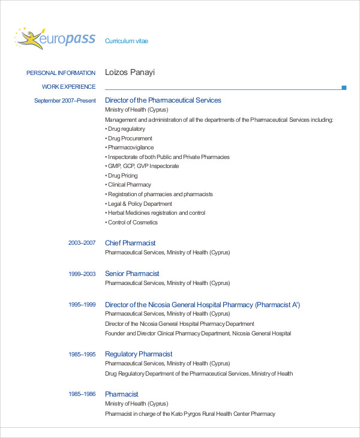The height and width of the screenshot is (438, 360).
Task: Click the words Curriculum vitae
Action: [x=127, y=41]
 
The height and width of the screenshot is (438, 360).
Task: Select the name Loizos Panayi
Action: [x=130, y=73]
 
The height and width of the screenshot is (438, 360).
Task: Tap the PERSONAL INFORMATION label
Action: [x=61, y=73]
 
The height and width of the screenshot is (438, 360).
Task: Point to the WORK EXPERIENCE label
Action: [x=69, y=87]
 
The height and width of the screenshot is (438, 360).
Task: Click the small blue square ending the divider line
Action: [x=344, y=88]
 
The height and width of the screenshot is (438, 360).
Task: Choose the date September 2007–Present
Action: [x=65, y=101]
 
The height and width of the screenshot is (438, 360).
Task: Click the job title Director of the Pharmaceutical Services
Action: [x=163, y=100]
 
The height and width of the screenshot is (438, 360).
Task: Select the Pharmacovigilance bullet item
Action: [x=130, y=148]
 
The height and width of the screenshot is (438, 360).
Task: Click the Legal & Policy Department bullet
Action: [x=140, y=203]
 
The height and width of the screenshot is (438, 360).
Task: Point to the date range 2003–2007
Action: [x=82, y=243]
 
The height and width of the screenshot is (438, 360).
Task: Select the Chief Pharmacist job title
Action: [x=130, y=243]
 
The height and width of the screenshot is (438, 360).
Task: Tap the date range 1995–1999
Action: [x=82, y=305]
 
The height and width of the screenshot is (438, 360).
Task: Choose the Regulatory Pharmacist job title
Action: [x=139, y=354]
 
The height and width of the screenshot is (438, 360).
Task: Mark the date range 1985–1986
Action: [x=82, y=394]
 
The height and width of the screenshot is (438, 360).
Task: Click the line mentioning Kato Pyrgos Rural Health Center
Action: [x=190, y=414]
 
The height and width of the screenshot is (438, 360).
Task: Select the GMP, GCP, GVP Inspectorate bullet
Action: [x=142, y=166]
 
